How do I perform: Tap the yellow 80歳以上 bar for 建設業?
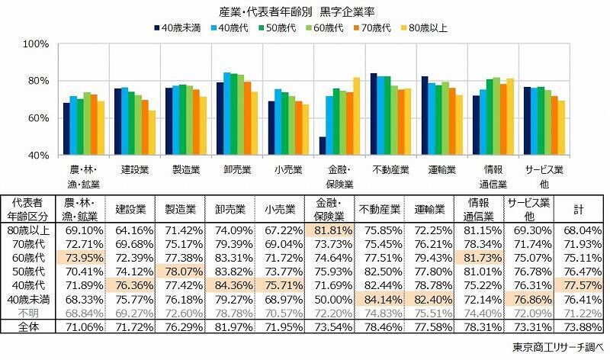152,133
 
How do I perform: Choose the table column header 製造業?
176,207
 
